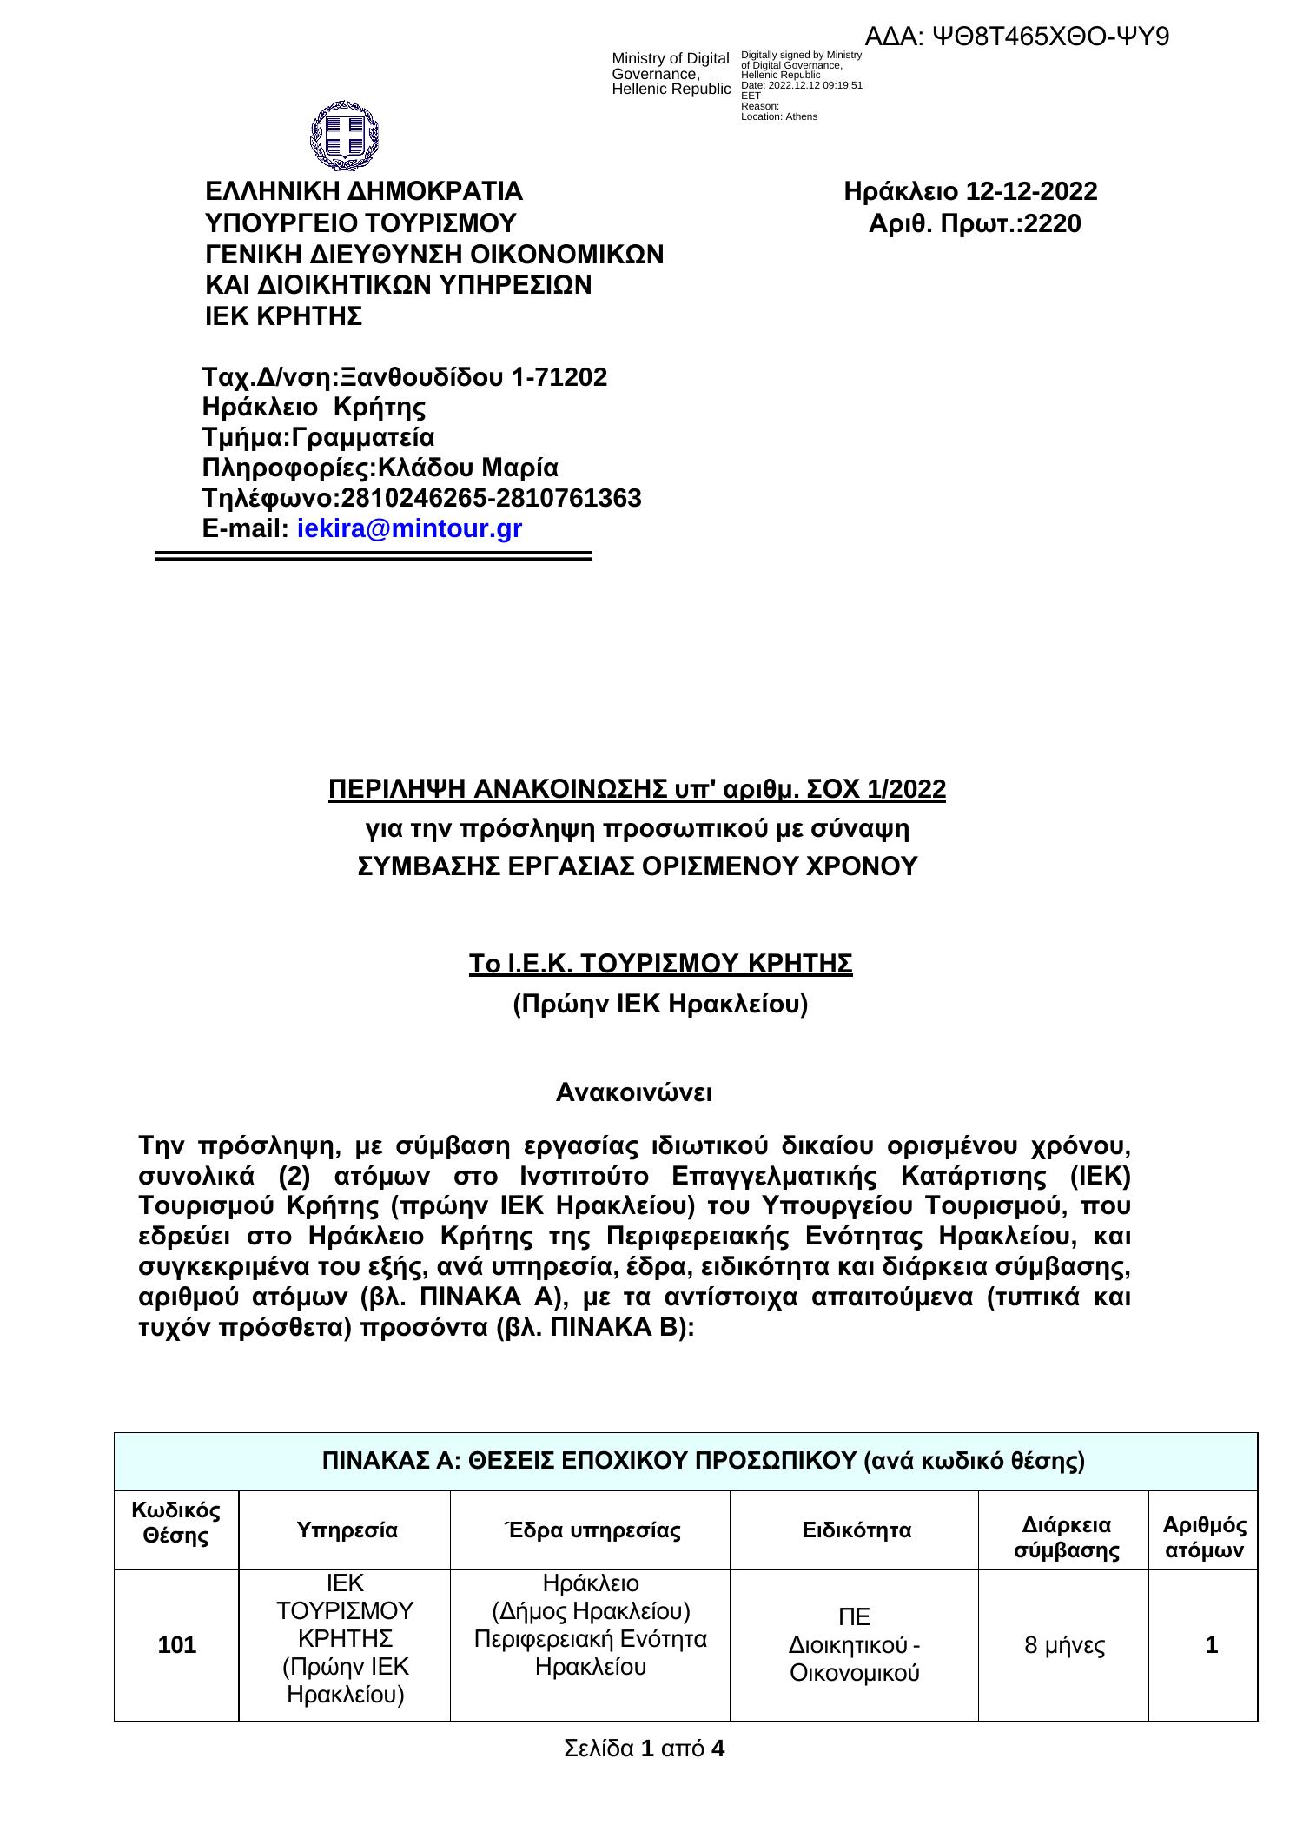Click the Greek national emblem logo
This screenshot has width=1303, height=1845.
pos(345,136)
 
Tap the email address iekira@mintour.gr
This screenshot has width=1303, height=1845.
pos(409,528)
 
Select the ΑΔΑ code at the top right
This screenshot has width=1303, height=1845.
pos(1017,37)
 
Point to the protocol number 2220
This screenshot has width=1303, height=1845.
pos(1053,224)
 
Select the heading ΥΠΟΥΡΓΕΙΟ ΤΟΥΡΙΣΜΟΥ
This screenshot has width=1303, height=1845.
pos(360,223)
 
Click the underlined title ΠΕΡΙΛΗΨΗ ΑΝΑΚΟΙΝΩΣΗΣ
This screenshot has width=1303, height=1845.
pos(637,789)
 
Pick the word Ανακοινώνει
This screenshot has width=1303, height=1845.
pos(634,1092)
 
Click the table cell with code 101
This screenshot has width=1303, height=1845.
pos(177,1645)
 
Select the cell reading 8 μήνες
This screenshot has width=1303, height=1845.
pos(1064,1645)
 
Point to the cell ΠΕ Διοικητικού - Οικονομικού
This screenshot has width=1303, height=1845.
pos(855,1645)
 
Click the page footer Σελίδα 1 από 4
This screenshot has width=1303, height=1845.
pos(644,1748)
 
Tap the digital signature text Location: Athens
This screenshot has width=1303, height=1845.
pos(779,116)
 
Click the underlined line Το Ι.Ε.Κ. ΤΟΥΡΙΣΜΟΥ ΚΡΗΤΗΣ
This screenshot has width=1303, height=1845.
pos(661,965)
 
